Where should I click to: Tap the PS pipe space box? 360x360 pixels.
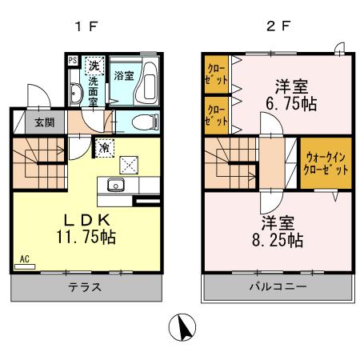click(x=72, y=60)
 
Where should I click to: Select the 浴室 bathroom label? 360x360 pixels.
click(x=123, y=76)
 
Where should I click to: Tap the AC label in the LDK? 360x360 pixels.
click(x=25, y=259)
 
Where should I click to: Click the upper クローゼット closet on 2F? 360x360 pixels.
click(x=214, y=74)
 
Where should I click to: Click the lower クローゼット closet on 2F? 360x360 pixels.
click(x=214, y=116)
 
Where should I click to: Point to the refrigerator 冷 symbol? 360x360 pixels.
click(x=105, y=147)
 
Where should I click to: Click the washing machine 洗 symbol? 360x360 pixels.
click(x=94, y=65)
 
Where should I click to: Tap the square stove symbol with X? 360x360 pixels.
click(x=128, y=164)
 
